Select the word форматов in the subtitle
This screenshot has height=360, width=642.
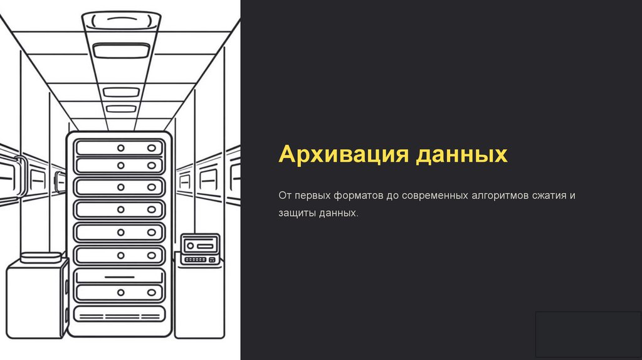pos(354,196)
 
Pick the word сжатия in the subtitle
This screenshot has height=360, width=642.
pos(549,196)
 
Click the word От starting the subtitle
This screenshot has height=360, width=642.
pos(285,196)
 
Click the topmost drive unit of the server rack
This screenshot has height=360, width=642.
pos(118,148)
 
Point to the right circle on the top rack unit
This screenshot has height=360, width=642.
pos(151,148)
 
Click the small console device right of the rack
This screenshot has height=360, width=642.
pos(199,249)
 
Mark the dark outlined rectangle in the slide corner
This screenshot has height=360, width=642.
pos(588,334)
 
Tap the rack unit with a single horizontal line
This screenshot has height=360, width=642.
pos(118,277)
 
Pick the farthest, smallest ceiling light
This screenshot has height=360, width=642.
pos(120,109)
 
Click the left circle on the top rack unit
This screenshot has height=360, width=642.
pos(120,148)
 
